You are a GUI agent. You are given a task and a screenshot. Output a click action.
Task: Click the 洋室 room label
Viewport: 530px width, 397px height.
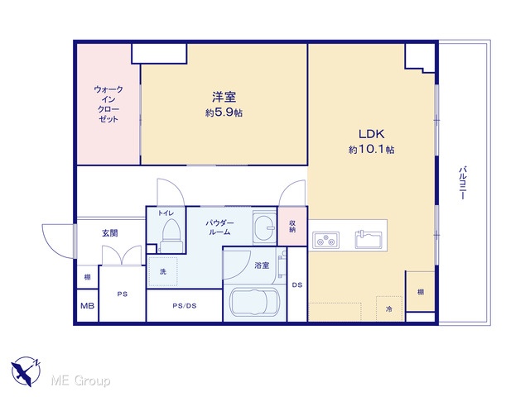[x=224, y=97]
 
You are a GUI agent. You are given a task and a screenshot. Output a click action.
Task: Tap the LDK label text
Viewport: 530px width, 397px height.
[x=371, y=134]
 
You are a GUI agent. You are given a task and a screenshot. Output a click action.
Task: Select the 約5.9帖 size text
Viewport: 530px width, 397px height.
[x=224, y=112]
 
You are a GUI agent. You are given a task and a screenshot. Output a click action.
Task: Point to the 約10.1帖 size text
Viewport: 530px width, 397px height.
[x=371, y=149]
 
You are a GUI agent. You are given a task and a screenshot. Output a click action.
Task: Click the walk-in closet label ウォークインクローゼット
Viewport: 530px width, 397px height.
[x=108, y=104]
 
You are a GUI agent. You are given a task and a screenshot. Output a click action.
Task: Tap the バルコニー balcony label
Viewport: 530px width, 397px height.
[x=462, y=183]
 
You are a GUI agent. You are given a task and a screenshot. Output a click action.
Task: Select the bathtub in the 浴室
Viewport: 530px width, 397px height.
[x=254, y=303]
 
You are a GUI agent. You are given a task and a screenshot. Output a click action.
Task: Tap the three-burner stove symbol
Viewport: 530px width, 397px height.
[x=325, y=240]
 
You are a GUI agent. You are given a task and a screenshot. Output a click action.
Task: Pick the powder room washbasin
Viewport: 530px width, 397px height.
[x=264, y=227]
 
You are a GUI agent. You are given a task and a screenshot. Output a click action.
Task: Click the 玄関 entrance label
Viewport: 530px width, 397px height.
[x=110, y=233]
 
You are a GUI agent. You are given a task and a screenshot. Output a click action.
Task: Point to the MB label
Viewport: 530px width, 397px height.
[x=87, y=306]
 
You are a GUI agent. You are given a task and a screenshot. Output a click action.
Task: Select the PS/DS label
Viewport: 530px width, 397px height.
[x=185, y=306]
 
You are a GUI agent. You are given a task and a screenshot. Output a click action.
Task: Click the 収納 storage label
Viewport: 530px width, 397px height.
[x=292, y=226]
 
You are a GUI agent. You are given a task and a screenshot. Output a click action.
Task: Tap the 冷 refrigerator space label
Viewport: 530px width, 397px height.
[x=389, y=309]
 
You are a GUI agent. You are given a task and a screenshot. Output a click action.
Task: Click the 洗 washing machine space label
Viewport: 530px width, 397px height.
[x=163, y=271]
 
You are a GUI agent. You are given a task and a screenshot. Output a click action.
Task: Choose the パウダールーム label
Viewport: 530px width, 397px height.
[x=219, y=227]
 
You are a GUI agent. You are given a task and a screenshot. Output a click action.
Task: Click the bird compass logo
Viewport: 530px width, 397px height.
[x=26, y=371]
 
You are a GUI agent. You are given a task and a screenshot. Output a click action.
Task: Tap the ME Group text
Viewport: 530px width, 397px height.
[x=81, y=380]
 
